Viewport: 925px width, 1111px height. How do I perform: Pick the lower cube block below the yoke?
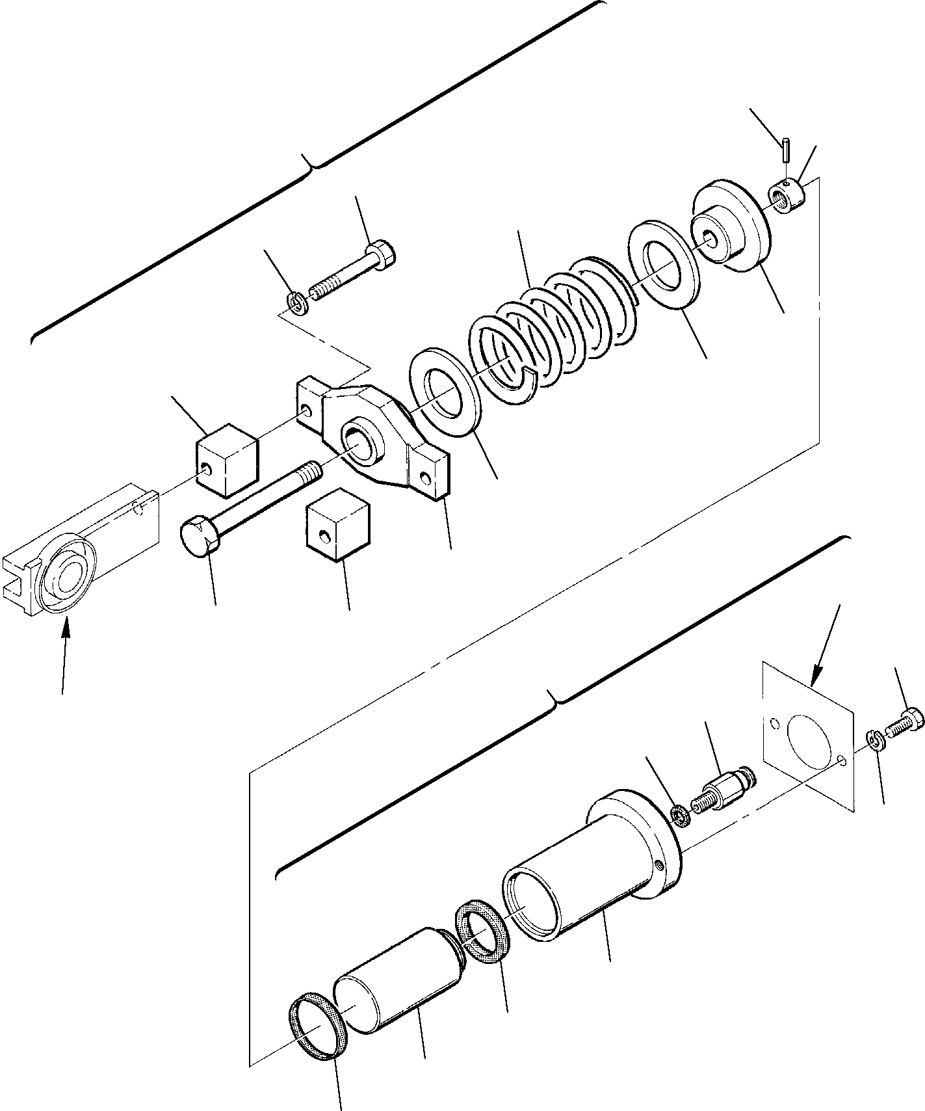click(336, 529)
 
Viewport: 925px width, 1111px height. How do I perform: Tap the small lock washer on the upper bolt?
click(298, 303)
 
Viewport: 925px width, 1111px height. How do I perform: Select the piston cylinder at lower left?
click(397, 976)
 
